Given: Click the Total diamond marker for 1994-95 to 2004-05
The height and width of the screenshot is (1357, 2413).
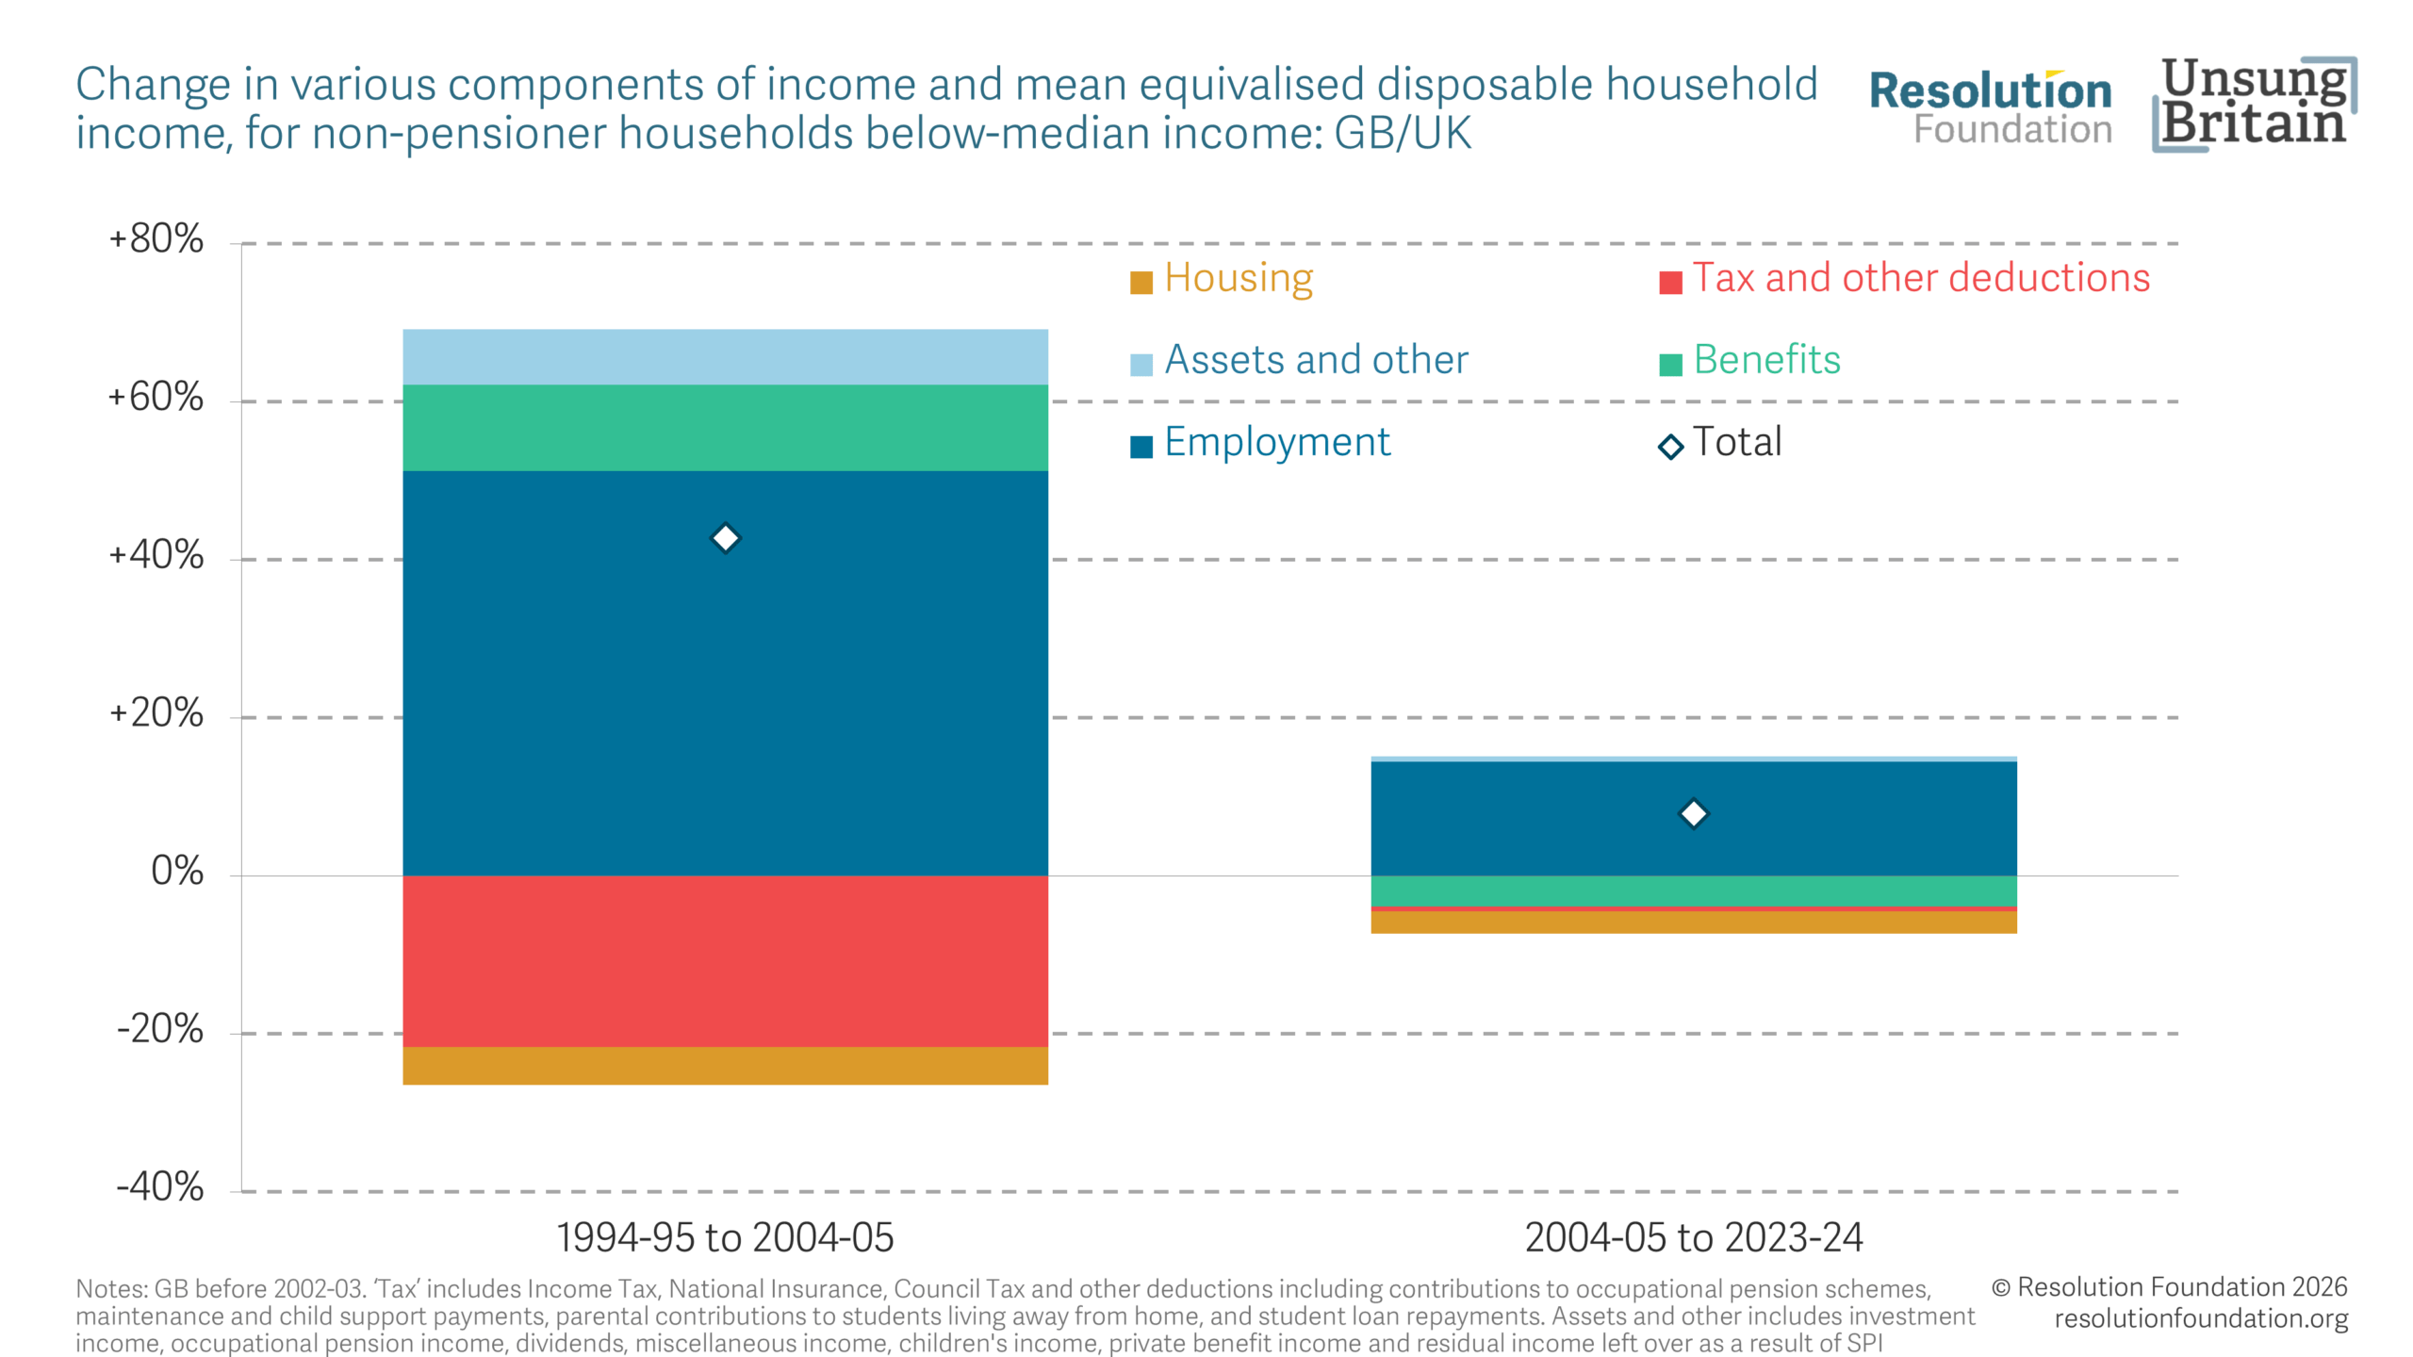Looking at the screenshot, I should [x=725, y=538].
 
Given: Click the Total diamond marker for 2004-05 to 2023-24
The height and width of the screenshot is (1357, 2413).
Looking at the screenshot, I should [x=1693, y=813].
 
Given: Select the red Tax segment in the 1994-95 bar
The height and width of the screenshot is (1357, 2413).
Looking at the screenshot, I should [x=725, y=961].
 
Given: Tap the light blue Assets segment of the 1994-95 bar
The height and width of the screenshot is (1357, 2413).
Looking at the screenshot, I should [x=725, y=357].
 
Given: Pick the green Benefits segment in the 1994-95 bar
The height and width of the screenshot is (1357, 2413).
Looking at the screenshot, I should [x=725, y=428].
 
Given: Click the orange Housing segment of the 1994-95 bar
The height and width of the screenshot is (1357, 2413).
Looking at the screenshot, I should [x=725, y=1066].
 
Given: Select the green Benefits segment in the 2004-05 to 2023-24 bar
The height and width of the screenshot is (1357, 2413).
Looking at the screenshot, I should [x=1693, y=891].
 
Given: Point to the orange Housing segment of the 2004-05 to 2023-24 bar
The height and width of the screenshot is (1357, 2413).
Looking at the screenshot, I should [x=1693, y=923].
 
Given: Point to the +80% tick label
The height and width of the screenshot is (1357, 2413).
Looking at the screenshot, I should [x=156, y=239].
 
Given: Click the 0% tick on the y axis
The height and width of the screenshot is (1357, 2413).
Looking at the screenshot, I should [x=177, y=872].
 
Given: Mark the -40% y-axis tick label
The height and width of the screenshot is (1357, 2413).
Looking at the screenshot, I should [x=159, y=1187].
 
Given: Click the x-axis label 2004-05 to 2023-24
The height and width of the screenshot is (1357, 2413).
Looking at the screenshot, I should [x=1693, y=1238].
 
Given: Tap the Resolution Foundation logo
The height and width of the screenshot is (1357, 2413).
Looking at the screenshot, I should [x=1990, y=107].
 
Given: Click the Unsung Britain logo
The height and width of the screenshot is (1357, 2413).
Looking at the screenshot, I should [x=2254, y=104].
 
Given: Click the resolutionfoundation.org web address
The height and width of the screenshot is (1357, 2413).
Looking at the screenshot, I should [x=2200, y=1319].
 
